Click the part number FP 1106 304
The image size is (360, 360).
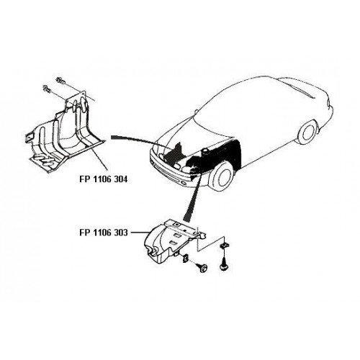(104, 179)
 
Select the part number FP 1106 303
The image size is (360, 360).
(104, 233)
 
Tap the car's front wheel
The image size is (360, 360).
(221, 176)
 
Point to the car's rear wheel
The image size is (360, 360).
(307, 132)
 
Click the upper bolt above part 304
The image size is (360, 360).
(60, 81)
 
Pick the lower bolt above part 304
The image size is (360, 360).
(47, 89)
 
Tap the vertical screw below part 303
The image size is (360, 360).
(224, 264)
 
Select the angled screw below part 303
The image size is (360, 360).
(202, 267)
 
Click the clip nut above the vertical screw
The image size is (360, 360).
(224, 246)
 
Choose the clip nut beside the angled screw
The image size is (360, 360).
(186, 258)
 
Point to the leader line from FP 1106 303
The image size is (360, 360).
(140, 233)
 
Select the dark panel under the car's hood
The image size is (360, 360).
(174, 154)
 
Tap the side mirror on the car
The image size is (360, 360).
(197, 112)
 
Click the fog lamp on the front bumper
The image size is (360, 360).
(184, 184)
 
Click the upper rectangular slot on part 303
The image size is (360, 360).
(176, 235)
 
